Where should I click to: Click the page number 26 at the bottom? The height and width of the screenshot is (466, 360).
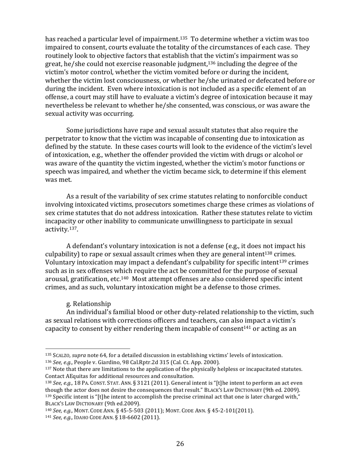[x=180, y=444]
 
